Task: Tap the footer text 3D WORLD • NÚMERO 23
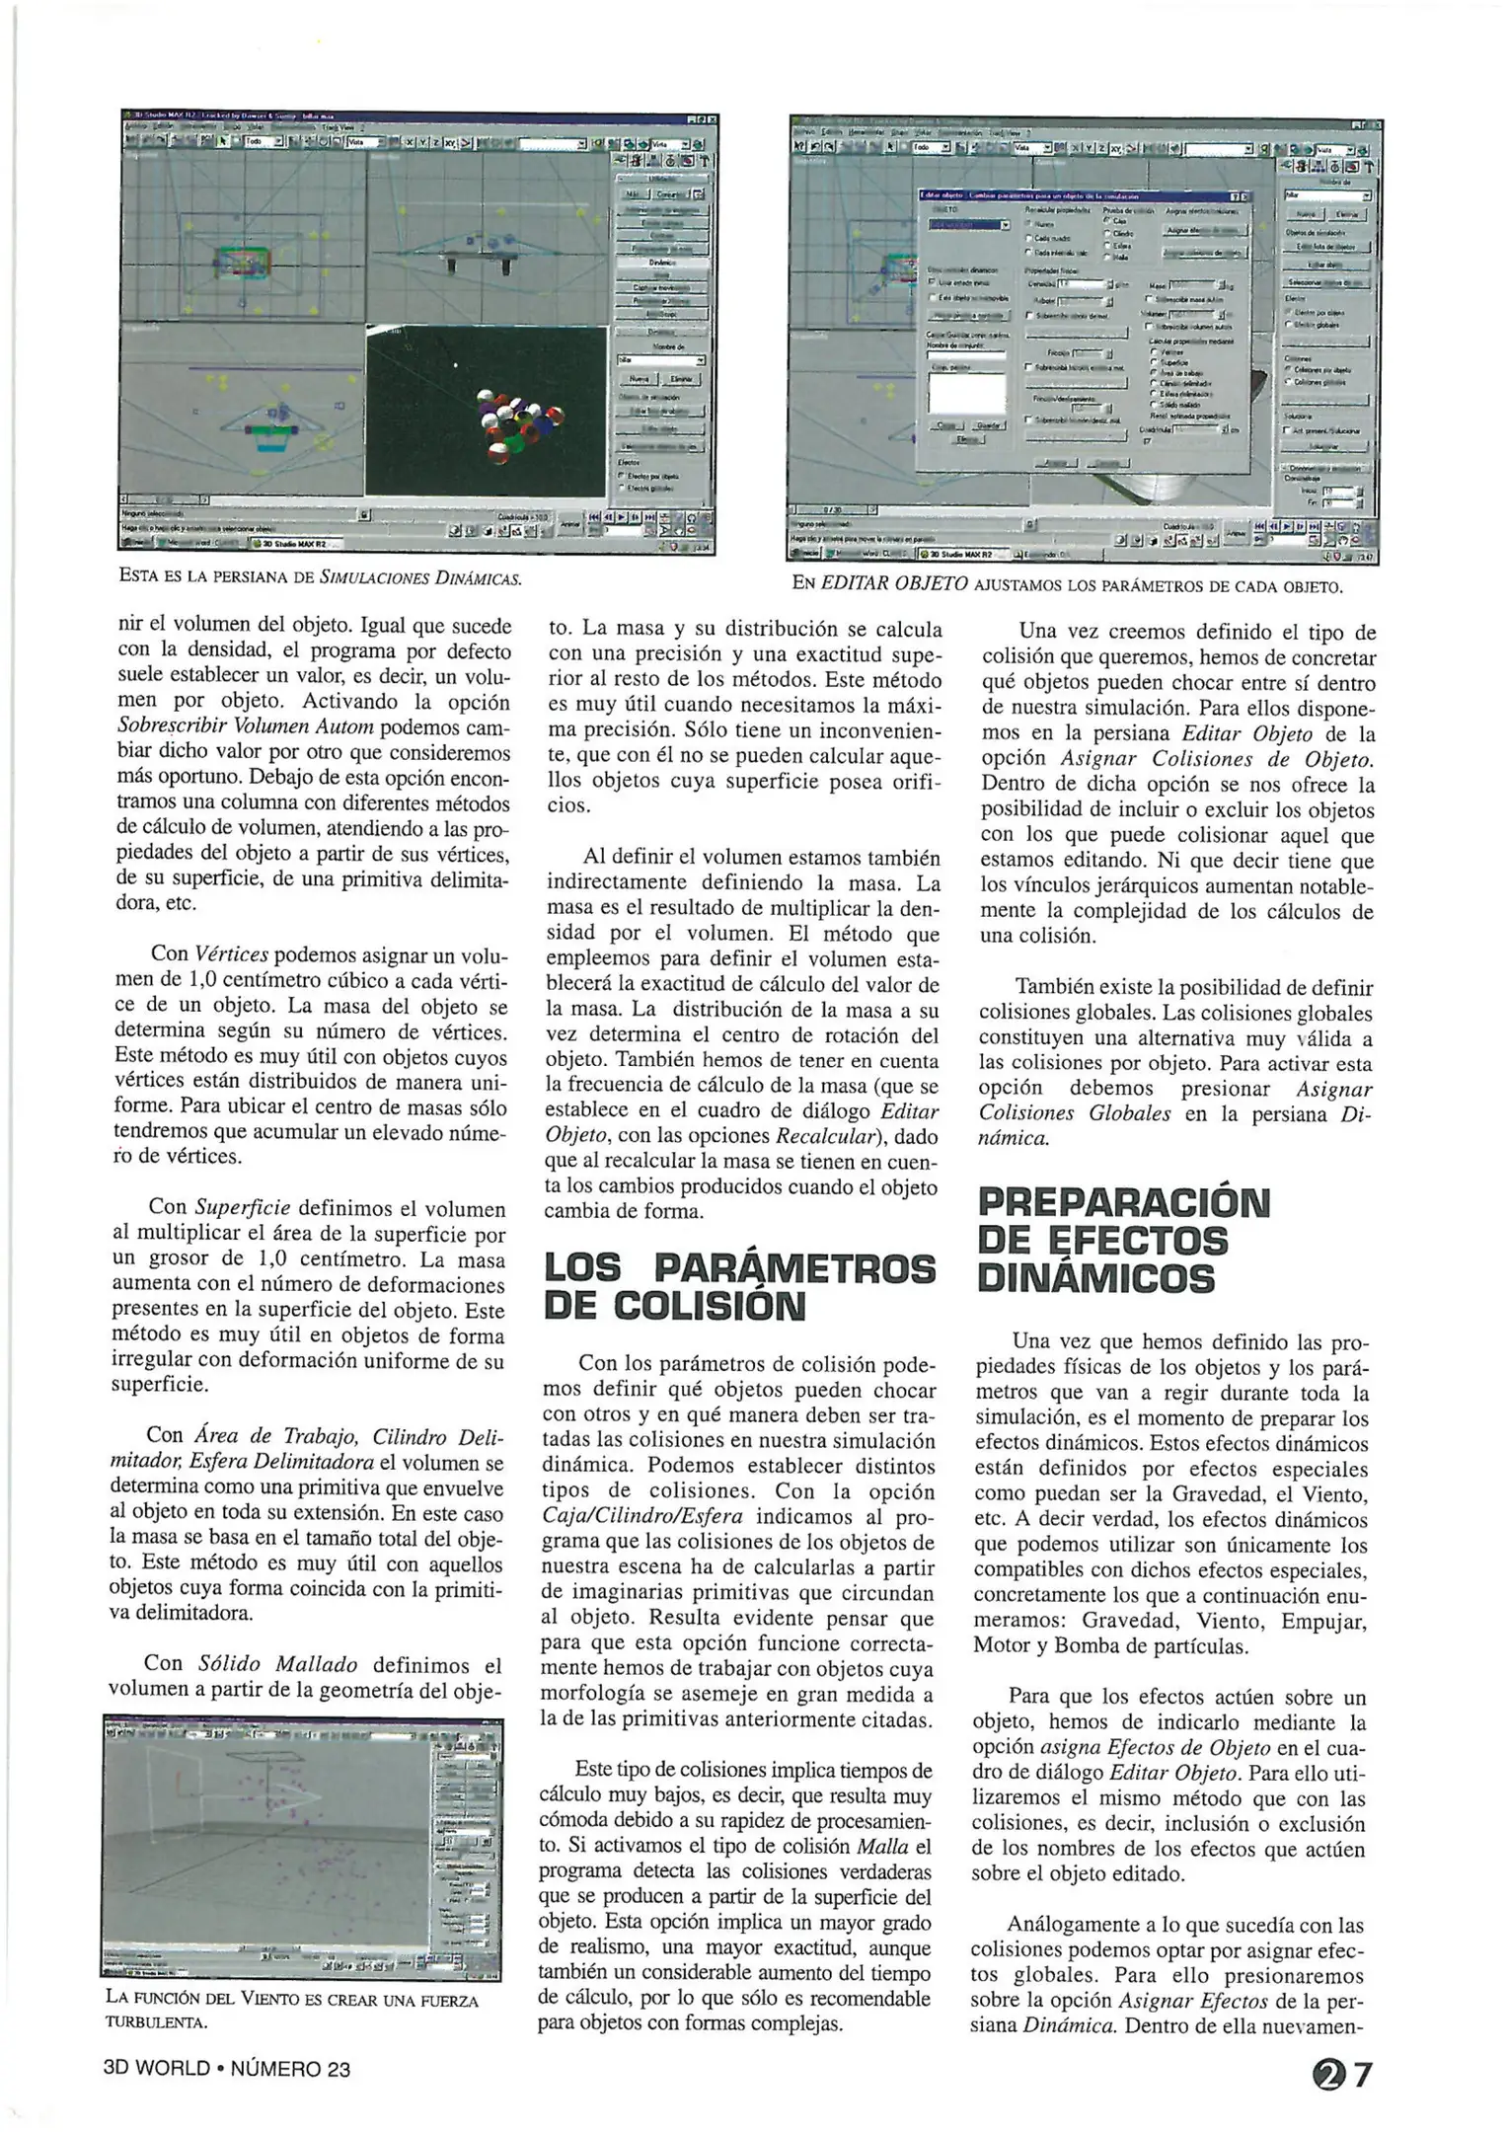pos(226,2069)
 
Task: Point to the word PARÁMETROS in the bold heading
pos(795,1267)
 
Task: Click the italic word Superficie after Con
pos(242,1207)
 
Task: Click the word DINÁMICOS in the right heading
pos(1094,1278)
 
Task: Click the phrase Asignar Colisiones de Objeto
pos(1216,759)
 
